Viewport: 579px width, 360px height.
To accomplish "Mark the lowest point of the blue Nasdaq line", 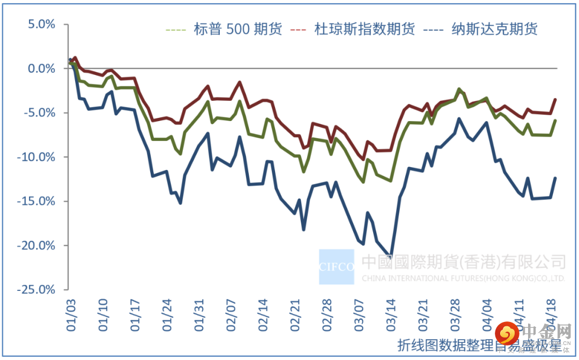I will click(x=391, y=258).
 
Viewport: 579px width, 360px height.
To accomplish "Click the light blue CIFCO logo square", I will click(x=336, y=266).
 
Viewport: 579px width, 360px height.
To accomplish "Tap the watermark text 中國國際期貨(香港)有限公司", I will click(x=463, y=262).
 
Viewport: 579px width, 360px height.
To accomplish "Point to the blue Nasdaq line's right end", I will click(x=555, y=178).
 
